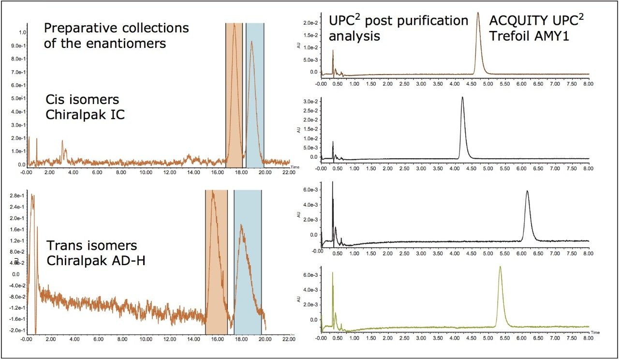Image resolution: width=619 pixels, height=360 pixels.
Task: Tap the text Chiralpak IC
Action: tap(85, 115)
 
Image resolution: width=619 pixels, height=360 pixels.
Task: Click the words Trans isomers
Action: tap(91, 246)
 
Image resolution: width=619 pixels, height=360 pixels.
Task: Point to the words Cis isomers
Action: tap(82, 100)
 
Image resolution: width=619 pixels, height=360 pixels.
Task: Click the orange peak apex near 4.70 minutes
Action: tap(478, 13)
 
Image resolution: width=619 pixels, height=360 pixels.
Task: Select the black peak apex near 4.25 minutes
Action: tap(462, 97)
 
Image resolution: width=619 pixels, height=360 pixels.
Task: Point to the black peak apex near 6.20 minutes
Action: tap(527, 191)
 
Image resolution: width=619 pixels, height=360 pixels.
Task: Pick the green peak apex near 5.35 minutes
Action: tap(500, 267)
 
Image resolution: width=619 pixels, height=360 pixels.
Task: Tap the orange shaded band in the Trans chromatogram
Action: tap(216, 261)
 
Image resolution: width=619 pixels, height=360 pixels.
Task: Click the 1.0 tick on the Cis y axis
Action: tap(22, 32)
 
